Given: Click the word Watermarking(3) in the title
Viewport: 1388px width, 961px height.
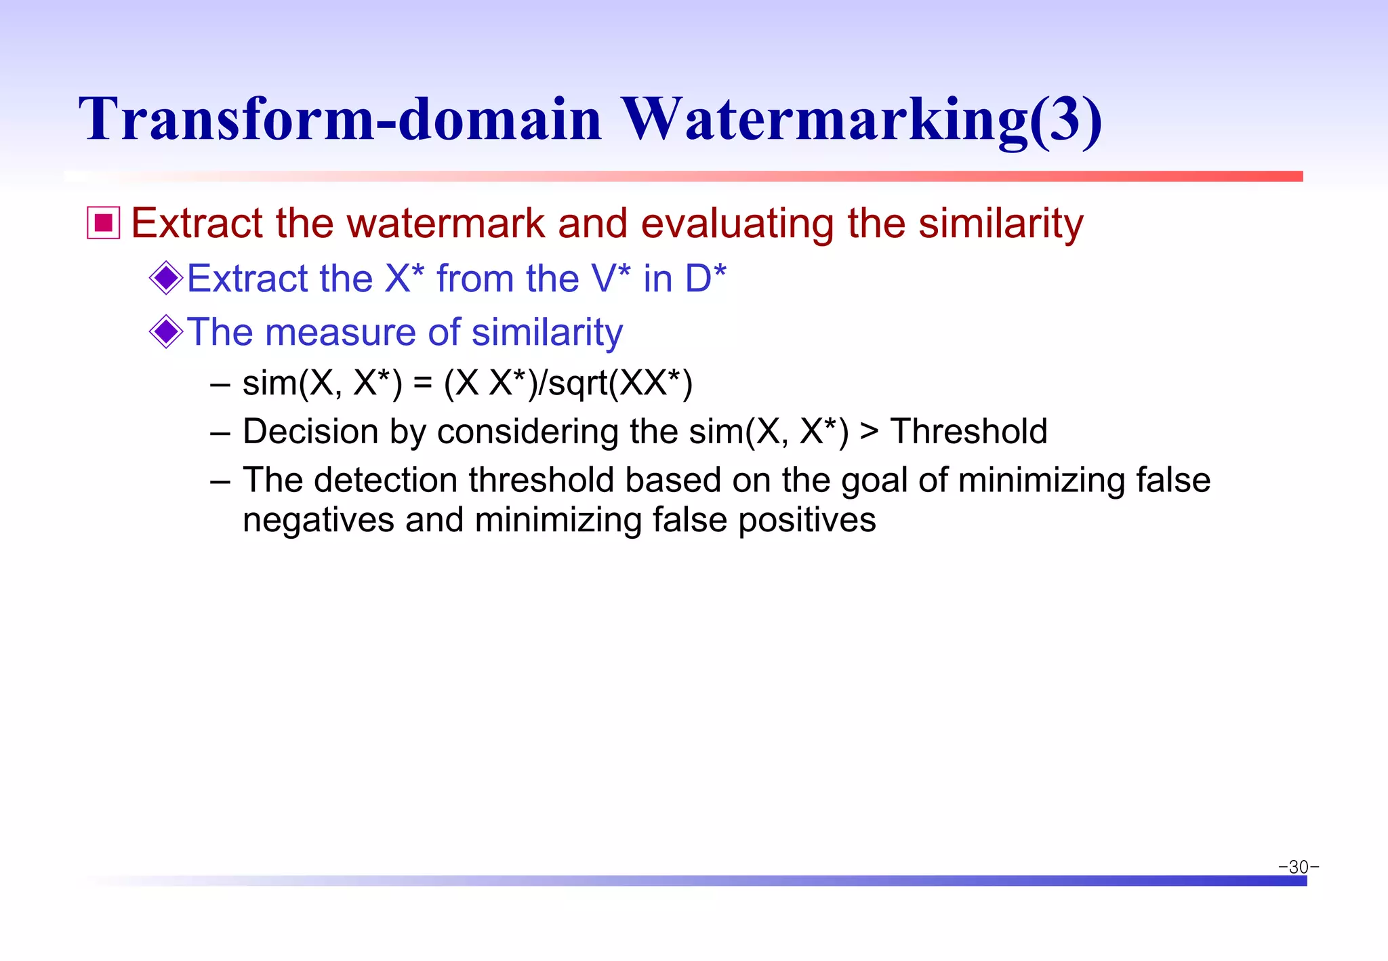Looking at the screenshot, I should (861, 119).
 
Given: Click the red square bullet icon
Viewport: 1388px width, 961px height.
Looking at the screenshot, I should (104, 223).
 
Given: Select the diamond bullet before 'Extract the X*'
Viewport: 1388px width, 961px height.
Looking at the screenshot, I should (166, 278).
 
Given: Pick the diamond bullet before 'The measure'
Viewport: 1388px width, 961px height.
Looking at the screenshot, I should (166, 331).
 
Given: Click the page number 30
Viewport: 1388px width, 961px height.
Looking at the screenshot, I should (1299, 867).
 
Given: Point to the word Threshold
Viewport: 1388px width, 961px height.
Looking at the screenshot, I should (968, 432).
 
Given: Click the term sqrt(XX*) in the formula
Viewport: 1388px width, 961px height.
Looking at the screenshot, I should (620, 384).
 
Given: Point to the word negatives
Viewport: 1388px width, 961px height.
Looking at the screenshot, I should (319, 520).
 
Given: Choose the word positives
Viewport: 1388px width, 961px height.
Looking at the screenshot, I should (807, 520).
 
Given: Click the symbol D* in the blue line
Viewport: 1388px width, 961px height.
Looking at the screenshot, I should (706, 278).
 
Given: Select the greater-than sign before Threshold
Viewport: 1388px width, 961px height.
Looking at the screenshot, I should (869, 432).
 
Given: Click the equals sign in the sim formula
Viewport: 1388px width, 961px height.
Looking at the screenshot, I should (423, 384).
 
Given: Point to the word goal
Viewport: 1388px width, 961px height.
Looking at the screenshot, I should (874, 480).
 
